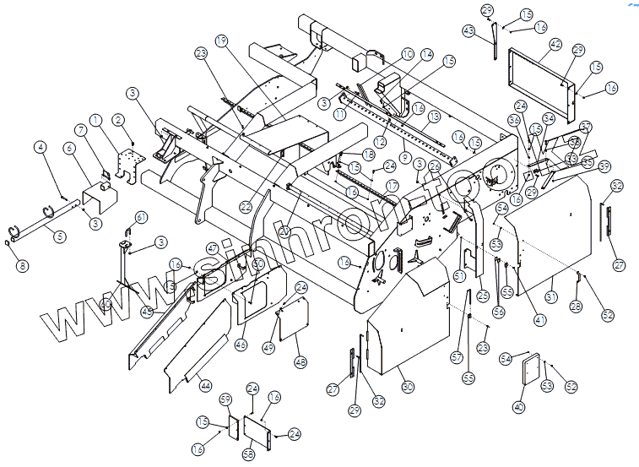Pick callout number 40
pos(518,408)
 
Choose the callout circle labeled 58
pos(248,454)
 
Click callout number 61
pos(141,218)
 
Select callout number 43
pos(469,30)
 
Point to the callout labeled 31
pos(551,296)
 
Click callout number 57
pos(457,357)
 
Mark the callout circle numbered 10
pos(408,54)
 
